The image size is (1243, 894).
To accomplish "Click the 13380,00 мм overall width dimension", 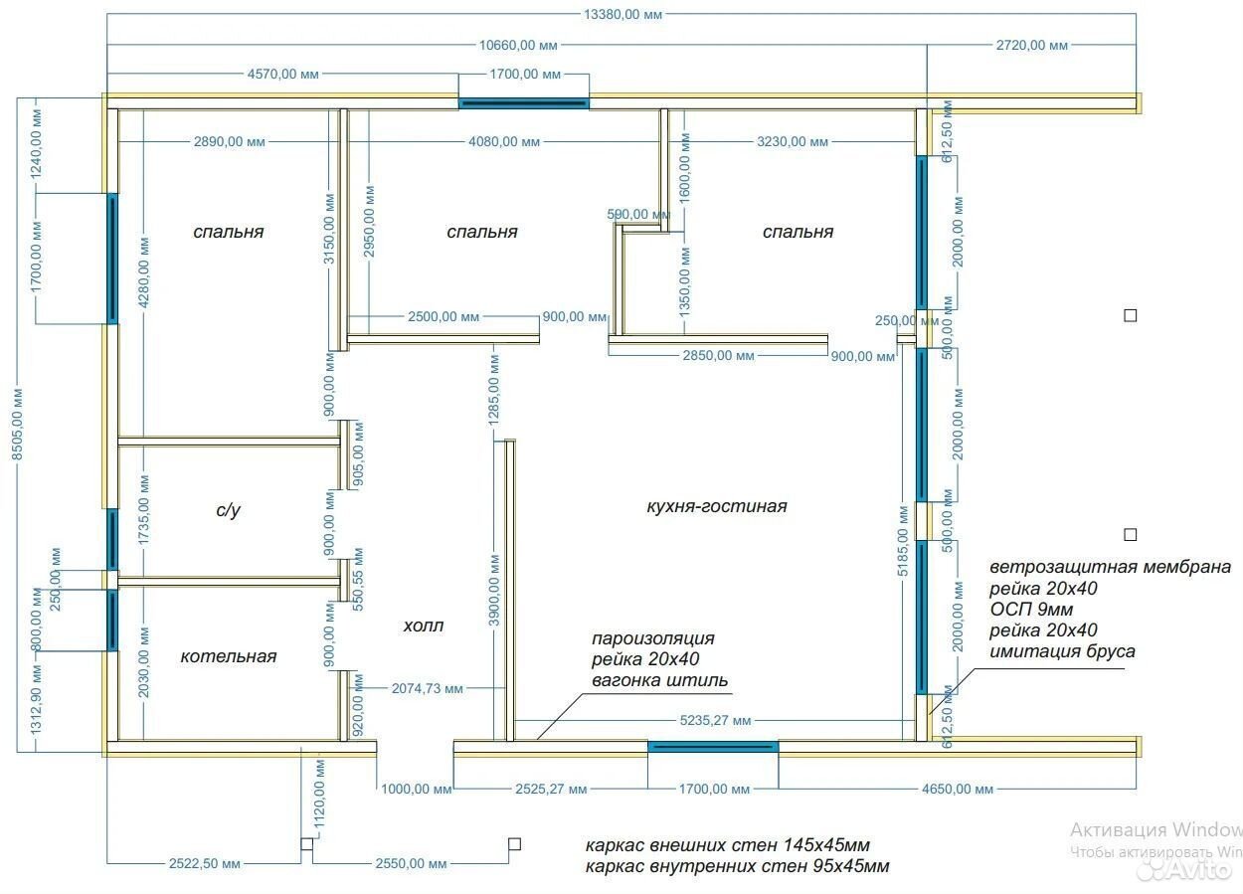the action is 622,15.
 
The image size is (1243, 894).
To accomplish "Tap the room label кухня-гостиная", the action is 716,506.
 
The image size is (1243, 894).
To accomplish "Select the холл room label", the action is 423,626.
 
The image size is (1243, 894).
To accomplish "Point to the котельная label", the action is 228,656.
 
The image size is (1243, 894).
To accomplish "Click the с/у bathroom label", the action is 228,509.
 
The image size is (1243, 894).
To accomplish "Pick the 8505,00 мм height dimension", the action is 17,424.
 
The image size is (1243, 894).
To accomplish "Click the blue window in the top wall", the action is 524,103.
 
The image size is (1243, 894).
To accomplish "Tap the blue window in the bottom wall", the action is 713,747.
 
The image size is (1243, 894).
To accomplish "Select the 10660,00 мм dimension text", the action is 518,46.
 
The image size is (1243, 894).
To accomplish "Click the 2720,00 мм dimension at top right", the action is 1031,46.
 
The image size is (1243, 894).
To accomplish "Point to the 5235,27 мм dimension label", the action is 715,720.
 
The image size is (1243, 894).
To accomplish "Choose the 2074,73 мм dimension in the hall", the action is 428,689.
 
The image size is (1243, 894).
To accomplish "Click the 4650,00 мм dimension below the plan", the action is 958,789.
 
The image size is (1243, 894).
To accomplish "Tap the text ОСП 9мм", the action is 1031,609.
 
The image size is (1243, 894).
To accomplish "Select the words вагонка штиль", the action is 660,680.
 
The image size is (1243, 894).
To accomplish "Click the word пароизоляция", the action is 653,638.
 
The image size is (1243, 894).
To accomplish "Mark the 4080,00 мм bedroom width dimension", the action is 504,141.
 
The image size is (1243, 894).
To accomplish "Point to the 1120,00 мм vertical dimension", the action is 319,795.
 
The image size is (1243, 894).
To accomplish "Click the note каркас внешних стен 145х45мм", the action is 728,845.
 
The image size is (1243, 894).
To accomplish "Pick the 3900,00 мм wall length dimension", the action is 494,590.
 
